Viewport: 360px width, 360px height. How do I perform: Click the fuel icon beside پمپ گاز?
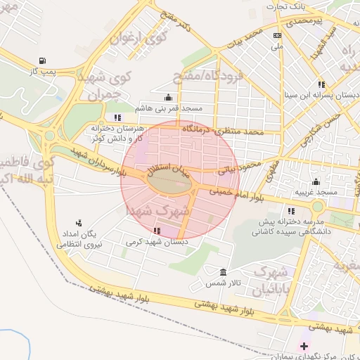[44, 60]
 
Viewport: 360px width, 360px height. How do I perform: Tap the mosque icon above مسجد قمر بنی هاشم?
[168, 98]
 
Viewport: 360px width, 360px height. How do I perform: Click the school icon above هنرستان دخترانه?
[117, 117]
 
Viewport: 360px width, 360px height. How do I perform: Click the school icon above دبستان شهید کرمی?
[156, 231]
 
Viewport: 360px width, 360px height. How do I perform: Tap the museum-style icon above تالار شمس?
[224, 272]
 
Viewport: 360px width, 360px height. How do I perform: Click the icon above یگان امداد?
[78, 223]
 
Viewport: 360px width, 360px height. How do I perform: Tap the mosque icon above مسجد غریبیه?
[316, 181]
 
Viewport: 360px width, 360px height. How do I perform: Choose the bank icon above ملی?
[278, 35]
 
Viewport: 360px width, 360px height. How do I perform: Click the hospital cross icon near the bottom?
[304, 346]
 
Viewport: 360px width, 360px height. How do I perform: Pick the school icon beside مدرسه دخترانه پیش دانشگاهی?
[291, 210]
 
